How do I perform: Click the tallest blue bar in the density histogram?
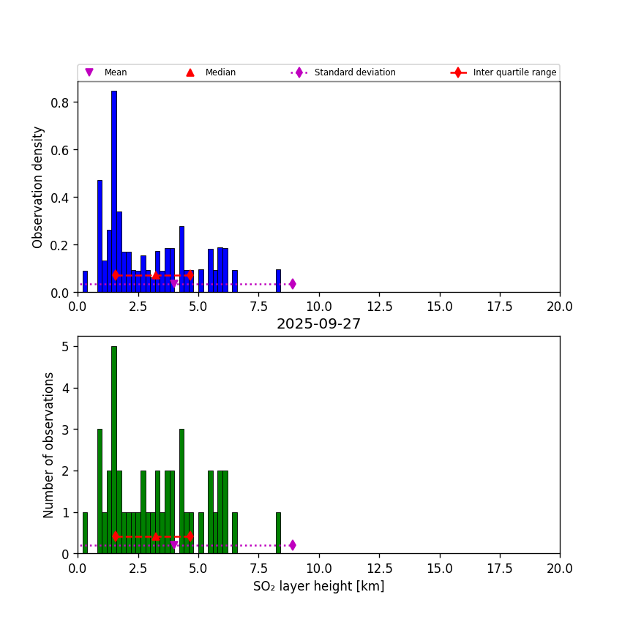[114, 190]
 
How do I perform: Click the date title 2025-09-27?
[318, 324]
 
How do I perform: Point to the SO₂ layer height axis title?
[318, 586]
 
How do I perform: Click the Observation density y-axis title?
[38, 187]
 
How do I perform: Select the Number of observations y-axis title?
[49, 445]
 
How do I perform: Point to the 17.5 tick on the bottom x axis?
[499, 568]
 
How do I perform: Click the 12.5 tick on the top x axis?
[379, 307]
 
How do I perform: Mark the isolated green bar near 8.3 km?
[278, 533]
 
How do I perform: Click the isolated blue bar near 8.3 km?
[278, 281]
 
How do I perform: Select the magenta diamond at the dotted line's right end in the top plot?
[292, 284]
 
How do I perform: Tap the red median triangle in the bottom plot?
[155, 536]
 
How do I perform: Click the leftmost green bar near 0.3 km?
[85, 533]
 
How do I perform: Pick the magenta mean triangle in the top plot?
[173, 284]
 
